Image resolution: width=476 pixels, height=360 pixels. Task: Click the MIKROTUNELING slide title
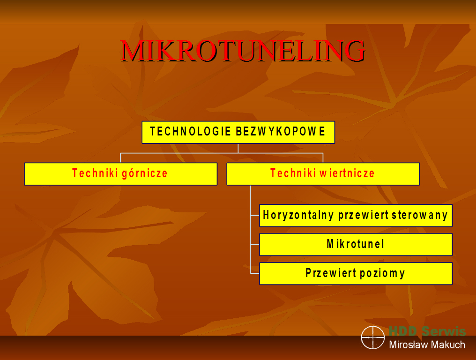click(243, 51)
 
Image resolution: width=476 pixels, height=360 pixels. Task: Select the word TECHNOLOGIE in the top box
click(191, 132)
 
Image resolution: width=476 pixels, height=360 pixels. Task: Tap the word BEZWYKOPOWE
click(281, 132)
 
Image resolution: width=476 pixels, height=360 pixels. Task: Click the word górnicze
click(144, 173)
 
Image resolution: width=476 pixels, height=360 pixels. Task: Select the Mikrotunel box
click(356, 244)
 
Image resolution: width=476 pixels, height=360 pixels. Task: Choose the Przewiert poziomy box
click(356, 273)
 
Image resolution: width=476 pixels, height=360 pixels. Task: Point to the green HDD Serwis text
click(427, 331)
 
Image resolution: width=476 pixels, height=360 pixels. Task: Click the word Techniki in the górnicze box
click(95, 173)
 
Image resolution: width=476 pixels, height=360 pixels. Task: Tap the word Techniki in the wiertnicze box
click(293, 173)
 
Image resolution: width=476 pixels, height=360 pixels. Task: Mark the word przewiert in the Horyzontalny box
click(364, 216)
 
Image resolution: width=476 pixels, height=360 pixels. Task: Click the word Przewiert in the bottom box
click(331, 273)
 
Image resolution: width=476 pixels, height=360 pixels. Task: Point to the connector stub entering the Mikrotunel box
click(255, 244)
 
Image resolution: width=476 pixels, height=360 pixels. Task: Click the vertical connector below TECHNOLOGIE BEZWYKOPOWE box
click(238, 148)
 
